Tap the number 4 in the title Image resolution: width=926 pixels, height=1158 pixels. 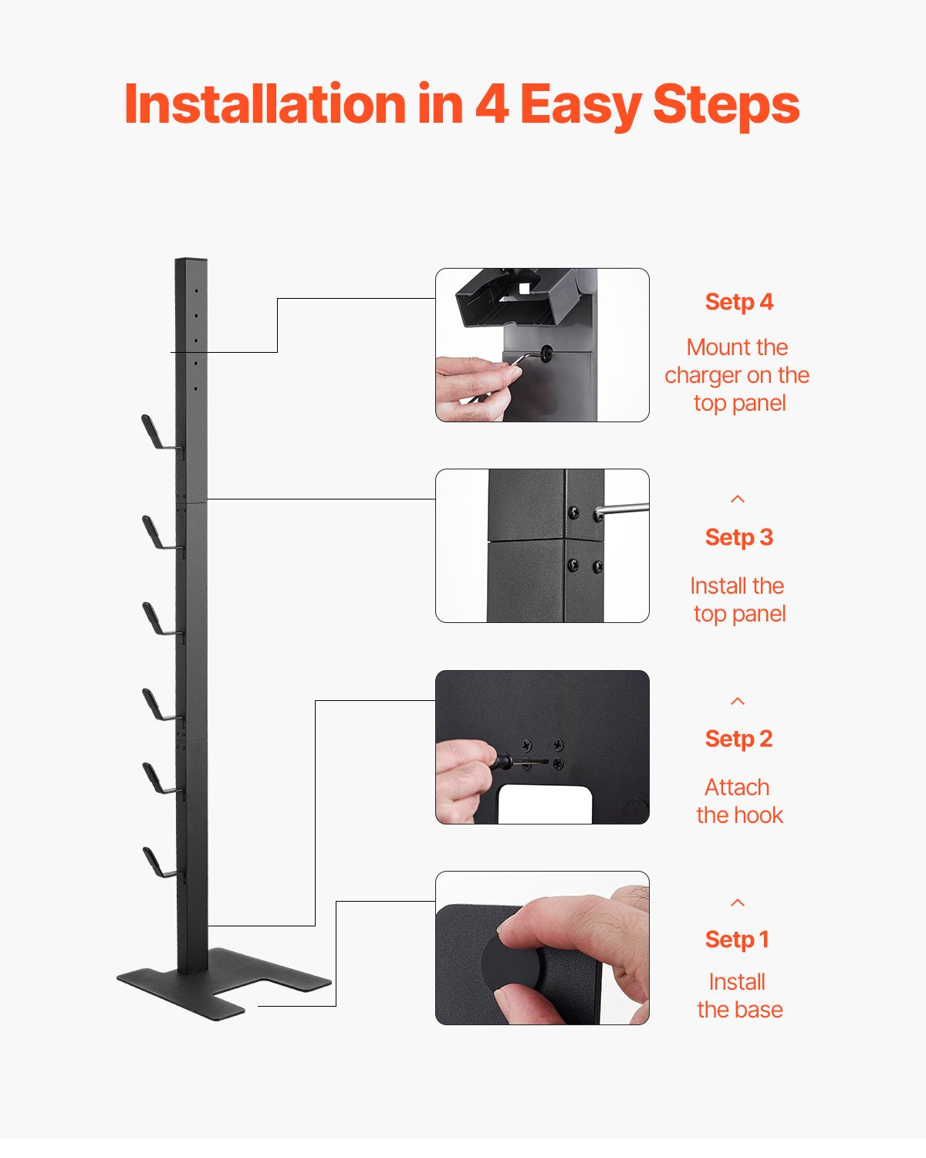click(491, 103)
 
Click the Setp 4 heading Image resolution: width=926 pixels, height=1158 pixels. click(738, 302)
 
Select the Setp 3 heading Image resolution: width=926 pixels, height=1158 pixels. click(738, 537)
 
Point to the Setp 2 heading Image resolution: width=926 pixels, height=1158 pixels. click(738, 739)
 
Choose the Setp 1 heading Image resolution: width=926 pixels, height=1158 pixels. click(737, 940)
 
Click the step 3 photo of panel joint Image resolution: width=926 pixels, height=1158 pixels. click(542, 546)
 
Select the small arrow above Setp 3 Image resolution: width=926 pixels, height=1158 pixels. click(738, 499)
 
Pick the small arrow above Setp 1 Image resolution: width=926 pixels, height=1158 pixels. click(738, 902)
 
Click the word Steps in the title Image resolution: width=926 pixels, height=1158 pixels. click(725, 103)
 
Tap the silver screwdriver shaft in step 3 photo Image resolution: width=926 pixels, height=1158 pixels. click(625, 509)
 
